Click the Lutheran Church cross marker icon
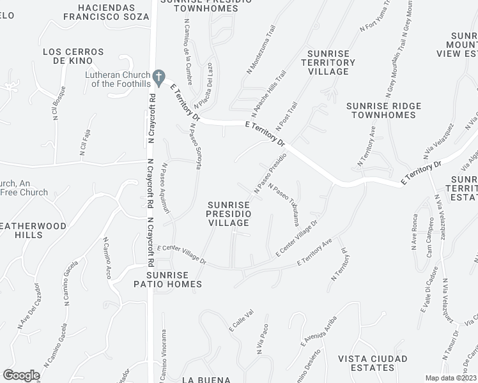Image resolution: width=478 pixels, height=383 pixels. [159, 75]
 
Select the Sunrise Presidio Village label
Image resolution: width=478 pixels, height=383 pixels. [228, 213]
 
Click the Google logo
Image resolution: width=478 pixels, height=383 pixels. [21, 375]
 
